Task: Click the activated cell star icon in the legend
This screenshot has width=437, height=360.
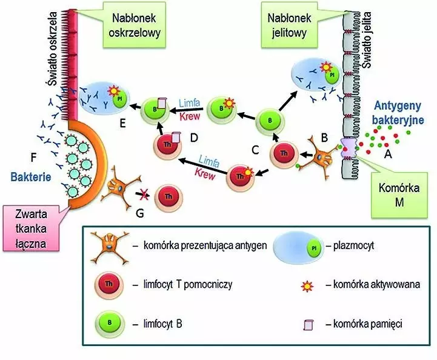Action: pyautogui.click(x=309, y=285)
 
